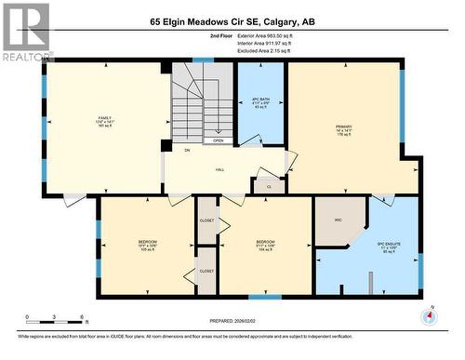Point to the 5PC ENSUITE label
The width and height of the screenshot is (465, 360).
(388, 247)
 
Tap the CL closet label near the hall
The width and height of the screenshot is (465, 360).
(269, 186)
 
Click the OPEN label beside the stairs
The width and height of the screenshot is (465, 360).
(218, 141)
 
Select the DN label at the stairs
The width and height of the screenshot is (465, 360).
(187, 150)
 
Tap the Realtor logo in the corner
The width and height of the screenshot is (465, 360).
(26, 33)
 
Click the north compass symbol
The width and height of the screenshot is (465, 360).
(428, 317)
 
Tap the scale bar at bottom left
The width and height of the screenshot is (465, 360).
(55, 319)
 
